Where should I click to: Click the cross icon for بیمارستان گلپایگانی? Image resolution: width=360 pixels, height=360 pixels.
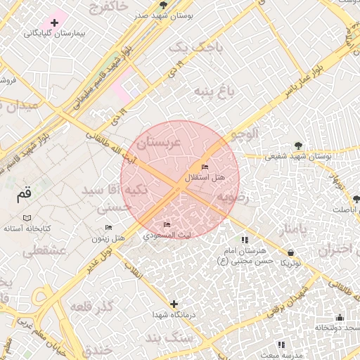[55, 22]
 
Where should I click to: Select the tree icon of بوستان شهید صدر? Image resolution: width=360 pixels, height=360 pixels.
[163, 5]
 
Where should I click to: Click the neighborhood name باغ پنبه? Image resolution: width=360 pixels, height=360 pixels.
[213, 91]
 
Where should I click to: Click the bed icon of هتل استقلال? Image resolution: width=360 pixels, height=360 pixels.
[205, 167]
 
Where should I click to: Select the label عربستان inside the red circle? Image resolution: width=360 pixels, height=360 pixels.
[159, 143]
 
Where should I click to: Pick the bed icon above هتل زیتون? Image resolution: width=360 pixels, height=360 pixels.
[108, 227]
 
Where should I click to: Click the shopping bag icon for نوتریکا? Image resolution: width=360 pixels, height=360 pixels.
[291, 252]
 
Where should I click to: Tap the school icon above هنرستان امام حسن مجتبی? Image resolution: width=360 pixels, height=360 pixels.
[244, 240]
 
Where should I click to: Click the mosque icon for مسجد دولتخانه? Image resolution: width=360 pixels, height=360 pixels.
[340, 317]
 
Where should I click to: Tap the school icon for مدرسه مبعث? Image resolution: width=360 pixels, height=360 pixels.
[281, 345]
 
